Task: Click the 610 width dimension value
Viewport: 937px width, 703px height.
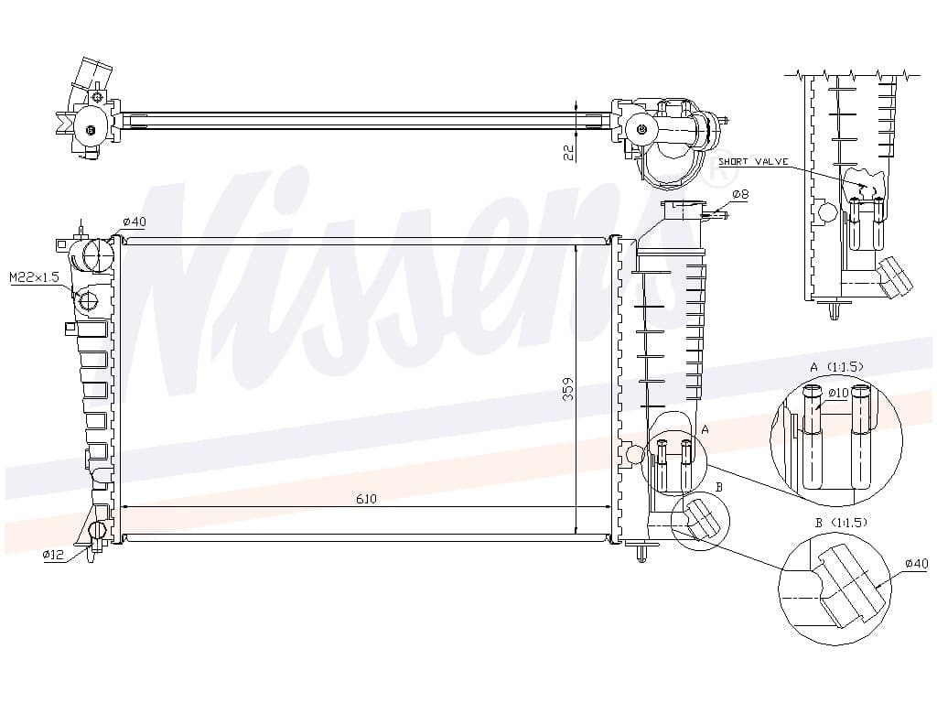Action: point(366,499)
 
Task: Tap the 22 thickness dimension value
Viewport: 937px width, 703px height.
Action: point(569,153)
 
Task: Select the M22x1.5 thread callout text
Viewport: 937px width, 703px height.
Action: point(35,276)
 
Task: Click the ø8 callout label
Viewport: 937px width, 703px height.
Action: point(740,194)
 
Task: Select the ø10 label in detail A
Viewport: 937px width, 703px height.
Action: point(838,393)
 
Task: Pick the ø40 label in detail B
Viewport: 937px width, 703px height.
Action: point(916,563)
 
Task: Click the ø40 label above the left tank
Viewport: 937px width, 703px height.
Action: point(134,222)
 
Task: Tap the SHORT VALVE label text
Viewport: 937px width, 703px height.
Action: point(753,161)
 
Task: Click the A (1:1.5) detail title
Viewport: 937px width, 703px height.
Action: point(836,366)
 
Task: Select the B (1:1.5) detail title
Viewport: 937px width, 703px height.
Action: point(841,523)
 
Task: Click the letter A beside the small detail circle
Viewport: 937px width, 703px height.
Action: point(705,429)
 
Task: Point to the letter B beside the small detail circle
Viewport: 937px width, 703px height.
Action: point(719,487)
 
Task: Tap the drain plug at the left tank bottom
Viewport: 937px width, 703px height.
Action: point(97,530)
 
